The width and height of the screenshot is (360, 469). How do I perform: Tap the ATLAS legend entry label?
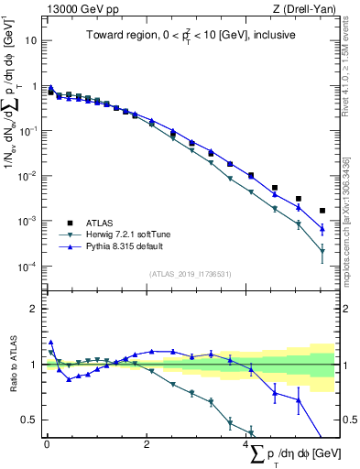102,223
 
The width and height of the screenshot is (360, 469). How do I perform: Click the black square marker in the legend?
70,223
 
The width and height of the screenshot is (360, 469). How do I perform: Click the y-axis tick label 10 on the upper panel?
30,41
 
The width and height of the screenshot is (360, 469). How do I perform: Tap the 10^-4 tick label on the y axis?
27,267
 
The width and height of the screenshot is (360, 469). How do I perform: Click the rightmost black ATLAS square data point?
322,211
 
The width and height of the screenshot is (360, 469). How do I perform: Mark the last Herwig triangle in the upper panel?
322,251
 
